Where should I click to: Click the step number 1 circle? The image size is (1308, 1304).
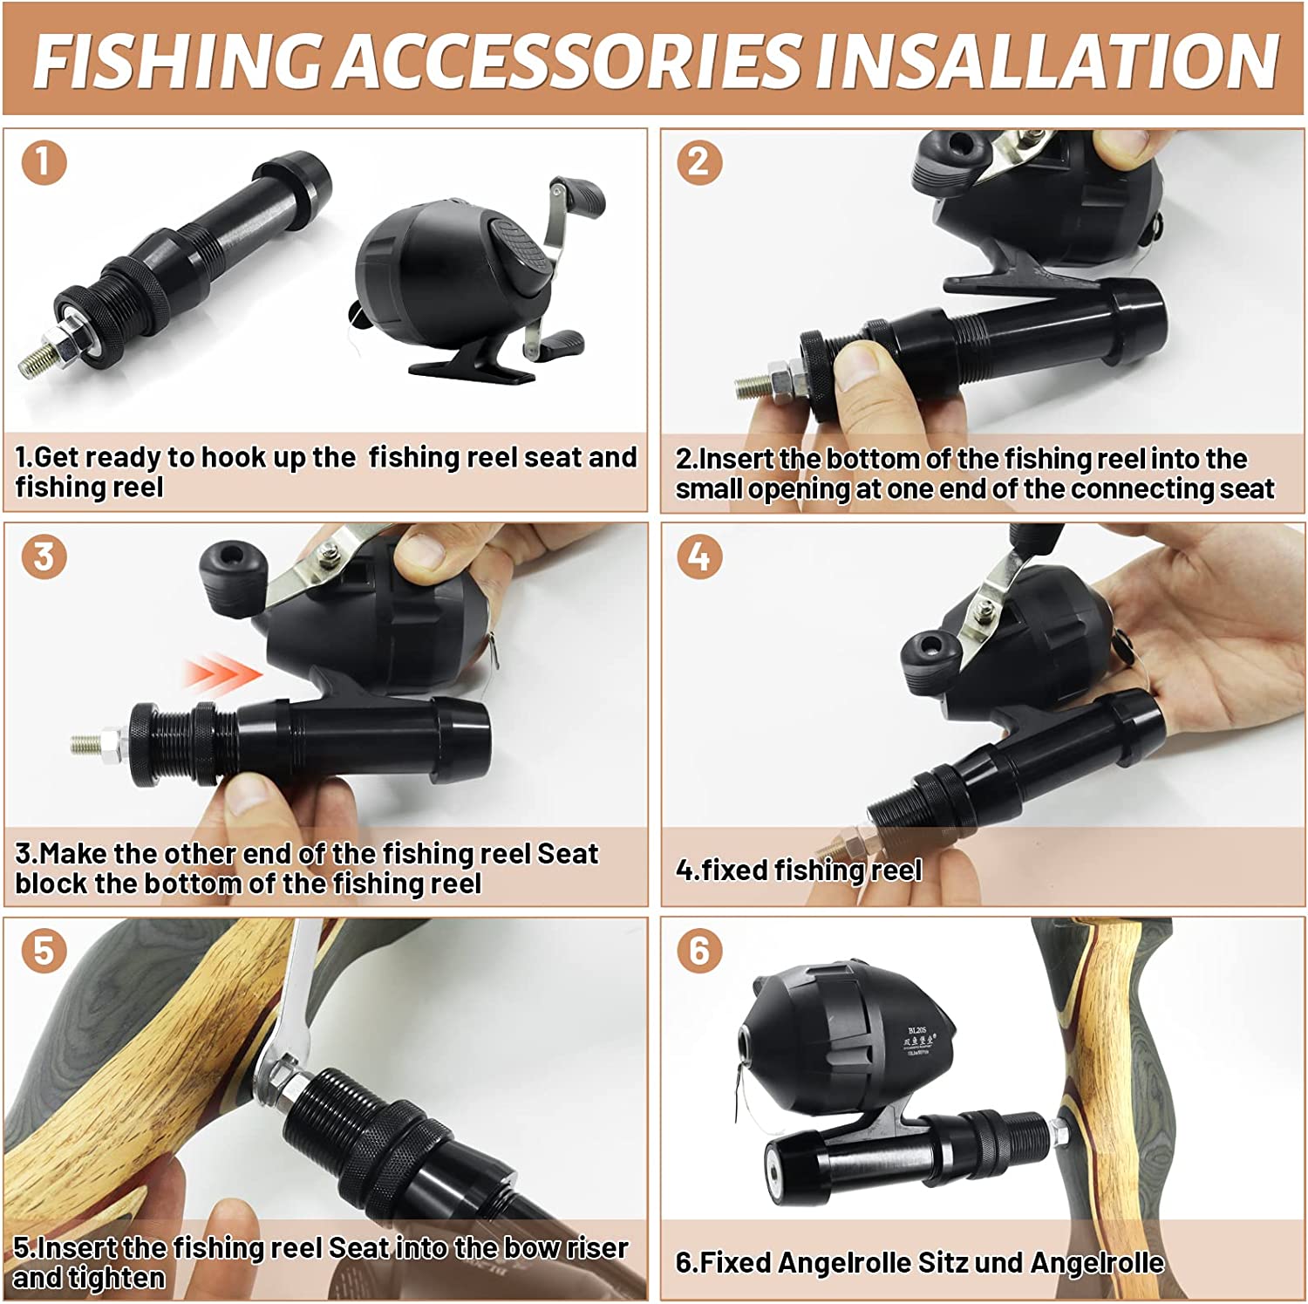tap(44, 162)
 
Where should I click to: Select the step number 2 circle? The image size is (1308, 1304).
tap(699, 162)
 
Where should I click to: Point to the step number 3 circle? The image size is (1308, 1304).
tap(44, 556)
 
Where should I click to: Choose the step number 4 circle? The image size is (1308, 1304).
tap(699, 556)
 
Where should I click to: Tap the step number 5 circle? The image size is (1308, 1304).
tap(44, 950)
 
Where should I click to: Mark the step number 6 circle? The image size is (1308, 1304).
tap(699, 950)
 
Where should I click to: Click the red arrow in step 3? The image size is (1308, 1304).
tap(222, 674)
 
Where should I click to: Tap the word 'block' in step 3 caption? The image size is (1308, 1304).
tap(51, 884)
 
